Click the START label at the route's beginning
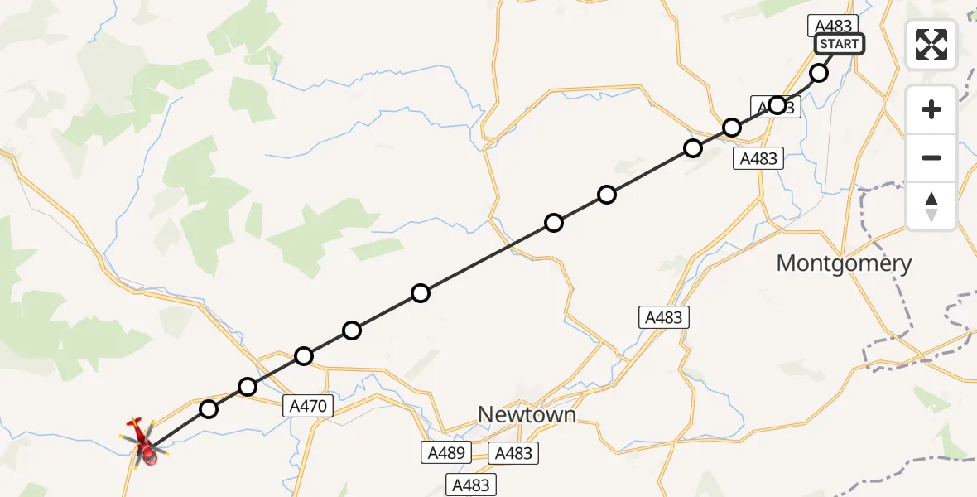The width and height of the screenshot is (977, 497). (840, 44)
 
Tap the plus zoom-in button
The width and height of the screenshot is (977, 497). (931, 109)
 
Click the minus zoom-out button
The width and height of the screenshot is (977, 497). (931, 157)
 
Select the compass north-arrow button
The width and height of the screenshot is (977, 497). (931, 206)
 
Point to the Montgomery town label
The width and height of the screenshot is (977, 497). (844, 264)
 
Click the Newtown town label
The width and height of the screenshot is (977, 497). (527, 414)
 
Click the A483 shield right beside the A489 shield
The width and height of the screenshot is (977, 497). (513, 453)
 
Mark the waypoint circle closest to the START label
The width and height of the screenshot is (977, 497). (819, 73)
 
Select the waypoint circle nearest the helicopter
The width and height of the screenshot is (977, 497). (209, 409)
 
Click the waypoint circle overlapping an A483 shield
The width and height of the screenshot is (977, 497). (777, 105)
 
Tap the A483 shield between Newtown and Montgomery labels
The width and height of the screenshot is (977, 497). (664, 316)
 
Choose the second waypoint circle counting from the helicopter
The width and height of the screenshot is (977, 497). (248, 386)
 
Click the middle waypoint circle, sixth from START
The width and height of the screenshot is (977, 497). (554, 223)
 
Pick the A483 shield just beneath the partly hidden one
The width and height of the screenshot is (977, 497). (759, 158)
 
